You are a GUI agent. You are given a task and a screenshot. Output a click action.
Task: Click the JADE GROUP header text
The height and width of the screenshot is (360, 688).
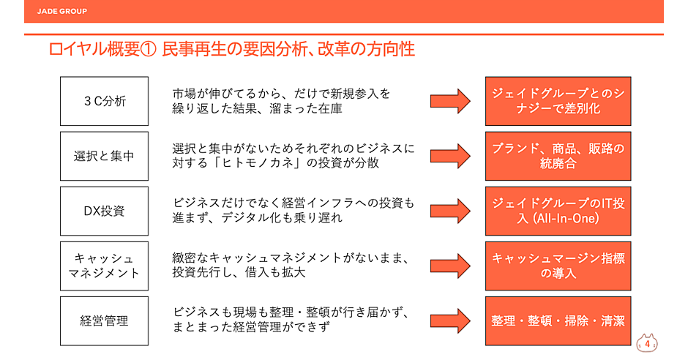point(62,12)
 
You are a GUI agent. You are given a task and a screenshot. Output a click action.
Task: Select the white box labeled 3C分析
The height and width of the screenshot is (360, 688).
point(104,101)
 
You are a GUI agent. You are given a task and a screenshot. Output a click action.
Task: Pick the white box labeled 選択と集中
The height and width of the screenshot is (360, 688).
point(104,156)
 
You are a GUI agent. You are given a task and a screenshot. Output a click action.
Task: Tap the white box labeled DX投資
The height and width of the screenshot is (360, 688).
point(104,211)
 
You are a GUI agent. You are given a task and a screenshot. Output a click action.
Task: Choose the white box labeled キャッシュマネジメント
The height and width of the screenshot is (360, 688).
point(104,266)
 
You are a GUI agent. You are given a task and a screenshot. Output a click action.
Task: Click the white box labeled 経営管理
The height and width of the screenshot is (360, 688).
point(104,320)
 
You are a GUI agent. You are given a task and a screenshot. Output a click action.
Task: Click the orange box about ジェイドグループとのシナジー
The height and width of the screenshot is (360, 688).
point(558,101)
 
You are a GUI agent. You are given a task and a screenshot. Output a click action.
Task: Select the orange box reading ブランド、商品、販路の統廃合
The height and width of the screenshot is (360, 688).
point(558,156)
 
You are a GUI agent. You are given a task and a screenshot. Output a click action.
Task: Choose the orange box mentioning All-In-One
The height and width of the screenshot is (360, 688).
point(558,211)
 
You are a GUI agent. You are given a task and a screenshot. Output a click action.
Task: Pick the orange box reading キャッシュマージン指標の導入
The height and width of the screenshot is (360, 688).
point(558,266)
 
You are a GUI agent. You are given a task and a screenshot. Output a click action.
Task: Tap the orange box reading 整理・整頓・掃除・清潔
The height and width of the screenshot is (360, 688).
point(558,320)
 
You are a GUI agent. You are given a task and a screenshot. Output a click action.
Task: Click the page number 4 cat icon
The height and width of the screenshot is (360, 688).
point(647,342)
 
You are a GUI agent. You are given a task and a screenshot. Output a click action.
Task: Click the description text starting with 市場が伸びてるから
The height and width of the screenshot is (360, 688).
point(282,101)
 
